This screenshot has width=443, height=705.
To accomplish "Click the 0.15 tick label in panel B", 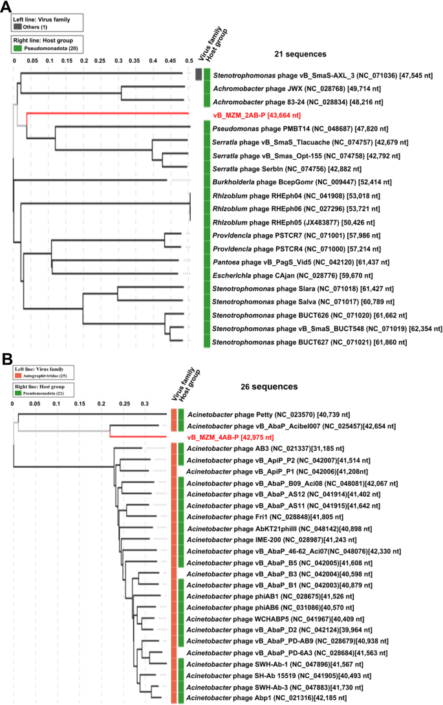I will tap(79, 404).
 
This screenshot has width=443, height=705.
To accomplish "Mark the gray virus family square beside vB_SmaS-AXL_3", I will tap(199, 76).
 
